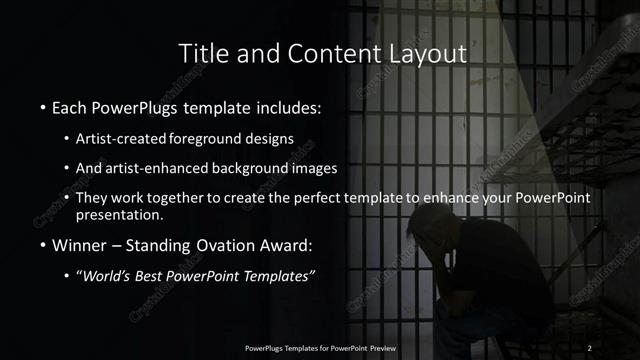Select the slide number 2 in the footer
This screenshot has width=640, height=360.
coord(590,347)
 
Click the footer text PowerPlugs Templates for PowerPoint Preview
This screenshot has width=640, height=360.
coord(319,347)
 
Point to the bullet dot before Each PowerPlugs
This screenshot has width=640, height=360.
coord(43,106)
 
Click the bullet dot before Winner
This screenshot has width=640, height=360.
coord(43,243)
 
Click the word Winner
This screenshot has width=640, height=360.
coord(80,243)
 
